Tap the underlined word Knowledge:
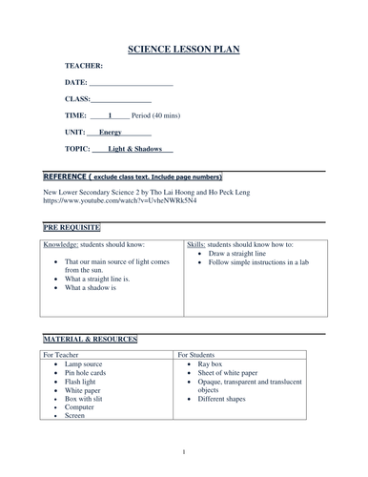[x=62, y=245]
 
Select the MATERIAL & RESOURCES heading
[x=90, y=340]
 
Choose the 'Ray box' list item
[x=221, y=363]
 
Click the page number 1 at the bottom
[x=183, y=451]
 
